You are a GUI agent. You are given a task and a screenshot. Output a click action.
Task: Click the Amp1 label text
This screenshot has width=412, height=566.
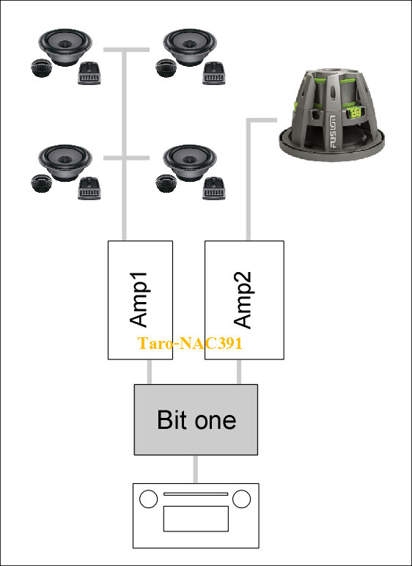139,299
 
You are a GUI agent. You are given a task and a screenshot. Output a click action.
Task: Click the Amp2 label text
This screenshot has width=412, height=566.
243,300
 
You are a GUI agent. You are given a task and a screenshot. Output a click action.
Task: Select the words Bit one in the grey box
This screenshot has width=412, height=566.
196,419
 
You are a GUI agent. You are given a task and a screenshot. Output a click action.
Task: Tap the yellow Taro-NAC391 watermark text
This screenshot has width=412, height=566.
190,343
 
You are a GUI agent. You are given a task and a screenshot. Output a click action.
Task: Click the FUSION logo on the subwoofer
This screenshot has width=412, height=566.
332,132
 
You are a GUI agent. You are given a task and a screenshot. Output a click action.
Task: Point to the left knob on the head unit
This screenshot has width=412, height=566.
148,499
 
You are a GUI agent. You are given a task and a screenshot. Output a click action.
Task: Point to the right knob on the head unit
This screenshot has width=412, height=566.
242,499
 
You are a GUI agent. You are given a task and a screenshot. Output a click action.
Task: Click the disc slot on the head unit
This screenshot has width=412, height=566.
196,494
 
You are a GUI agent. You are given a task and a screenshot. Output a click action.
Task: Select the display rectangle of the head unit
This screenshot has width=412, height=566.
196,518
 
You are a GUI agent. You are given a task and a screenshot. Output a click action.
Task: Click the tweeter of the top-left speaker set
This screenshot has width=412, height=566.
42,67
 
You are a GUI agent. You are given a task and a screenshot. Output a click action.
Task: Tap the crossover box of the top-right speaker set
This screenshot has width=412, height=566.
214,73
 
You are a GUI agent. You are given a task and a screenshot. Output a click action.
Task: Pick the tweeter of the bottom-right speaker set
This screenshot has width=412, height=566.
166,183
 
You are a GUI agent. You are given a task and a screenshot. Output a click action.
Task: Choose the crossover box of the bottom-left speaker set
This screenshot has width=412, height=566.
89,188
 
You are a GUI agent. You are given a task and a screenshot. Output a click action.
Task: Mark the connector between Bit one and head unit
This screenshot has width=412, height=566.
195,469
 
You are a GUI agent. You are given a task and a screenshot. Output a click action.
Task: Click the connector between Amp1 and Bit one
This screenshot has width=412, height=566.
149,372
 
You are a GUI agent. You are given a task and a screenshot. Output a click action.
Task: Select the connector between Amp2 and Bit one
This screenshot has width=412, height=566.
239,372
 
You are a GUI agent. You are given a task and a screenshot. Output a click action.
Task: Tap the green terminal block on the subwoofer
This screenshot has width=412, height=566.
353,111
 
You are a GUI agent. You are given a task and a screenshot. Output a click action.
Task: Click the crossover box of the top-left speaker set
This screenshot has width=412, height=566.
89,73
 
